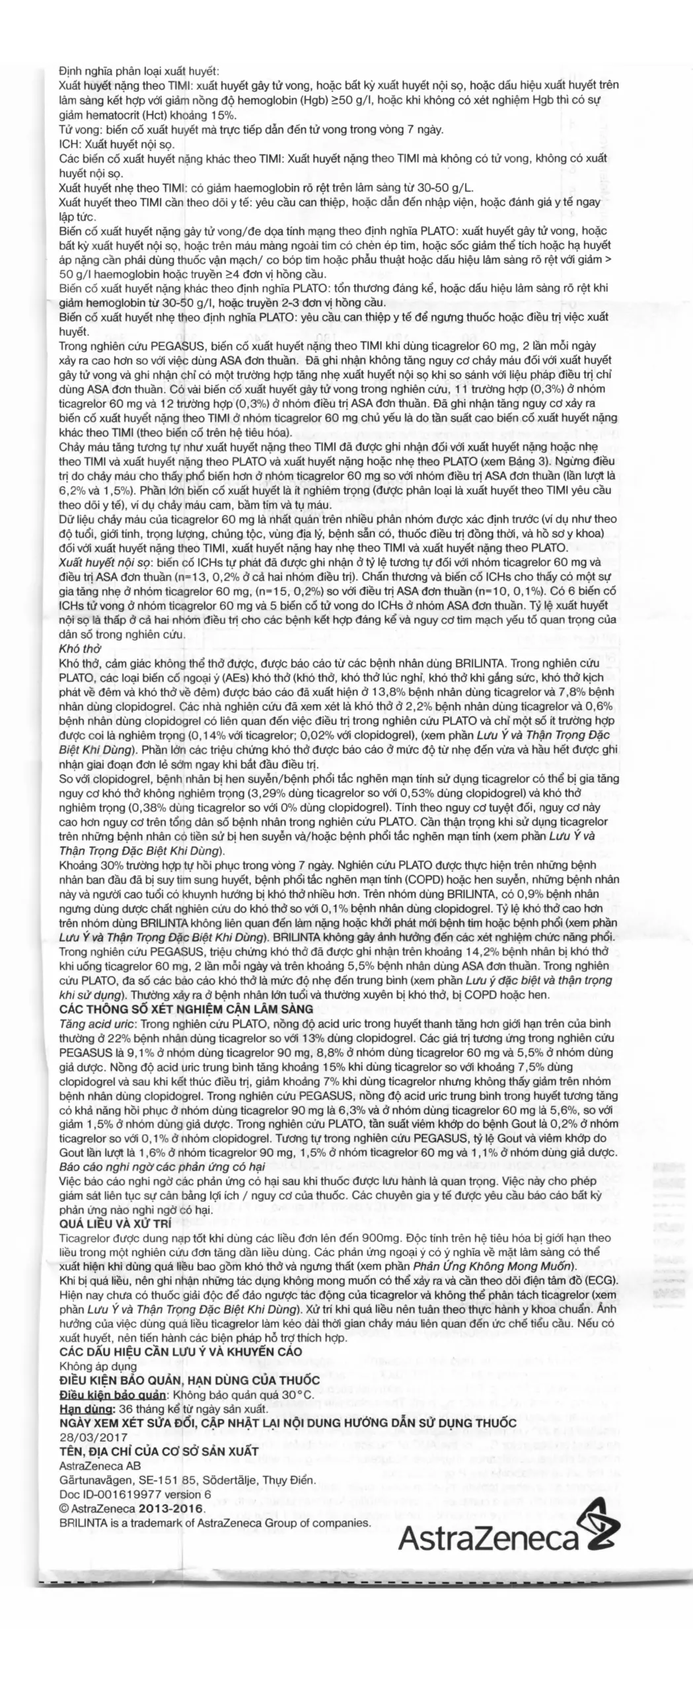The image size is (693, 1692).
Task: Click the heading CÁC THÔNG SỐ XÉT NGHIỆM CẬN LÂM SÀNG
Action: click(186, 1009)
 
